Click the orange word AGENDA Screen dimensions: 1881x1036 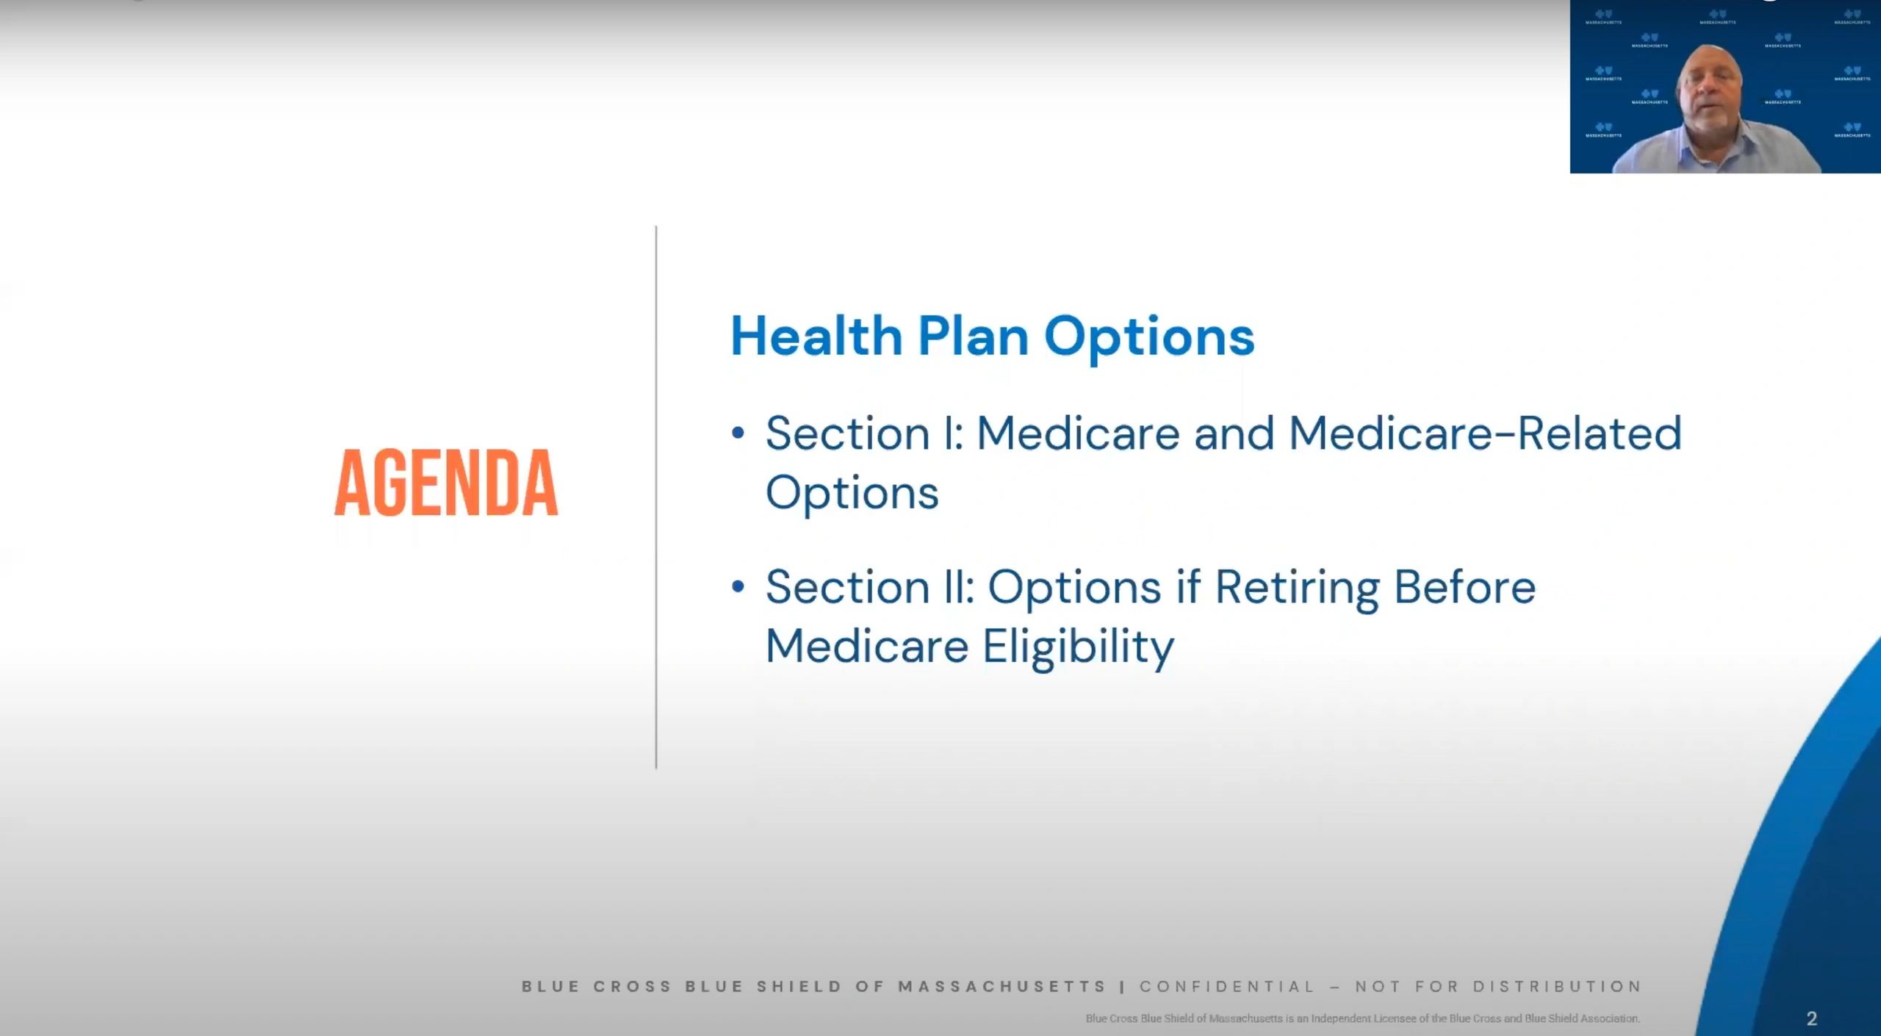coord(446,482)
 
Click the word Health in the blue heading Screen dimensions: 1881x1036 coord(816,337)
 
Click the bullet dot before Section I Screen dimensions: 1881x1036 coord(738,432)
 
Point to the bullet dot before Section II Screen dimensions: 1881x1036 coord(738,586)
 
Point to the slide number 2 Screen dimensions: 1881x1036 coord(1811,1018)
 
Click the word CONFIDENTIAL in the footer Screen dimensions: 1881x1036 coord(1227,986)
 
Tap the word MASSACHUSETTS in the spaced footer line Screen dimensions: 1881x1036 coord(1002,986)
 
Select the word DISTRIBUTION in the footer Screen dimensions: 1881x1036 coord(1557,986)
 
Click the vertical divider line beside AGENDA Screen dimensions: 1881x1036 coord(656,497)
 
